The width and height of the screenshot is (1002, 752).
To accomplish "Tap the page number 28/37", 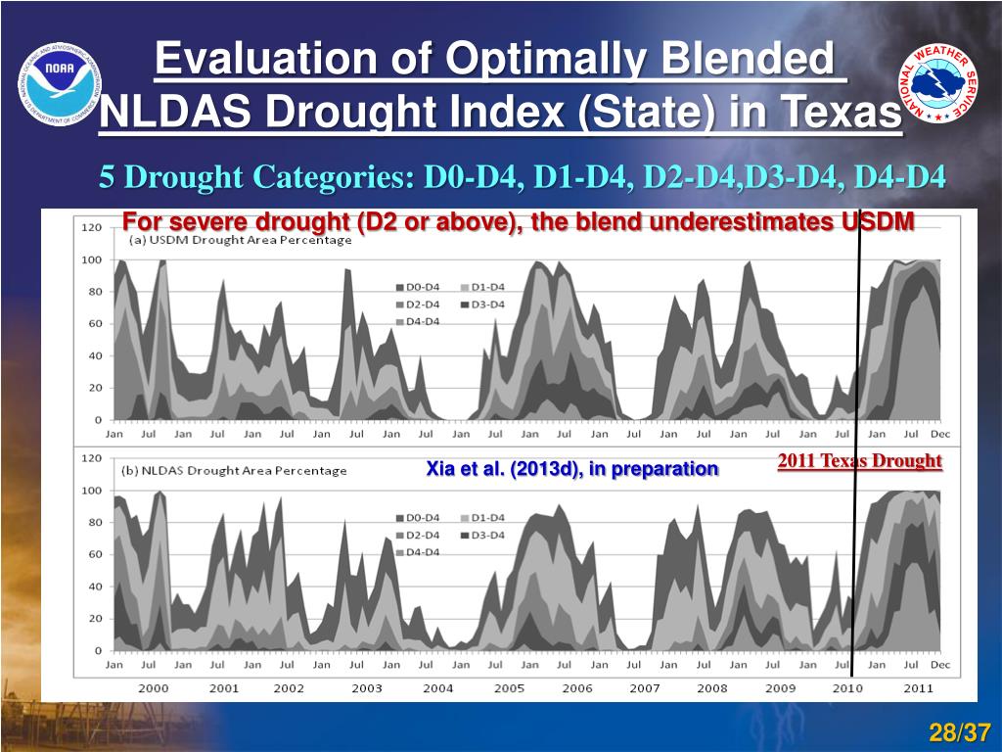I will (x=960, y=732).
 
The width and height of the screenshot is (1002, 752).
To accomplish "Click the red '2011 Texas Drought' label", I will (x=859, y=460).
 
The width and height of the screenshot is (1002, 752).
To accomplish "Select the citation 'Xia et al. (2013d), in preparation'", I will (x=571, y=469).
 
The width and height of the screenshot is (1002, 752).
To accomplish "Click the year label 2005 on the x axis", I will (x=509, y=687).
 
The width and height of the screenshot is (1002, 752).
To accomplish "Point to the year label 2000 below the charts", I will (x=153, y=687).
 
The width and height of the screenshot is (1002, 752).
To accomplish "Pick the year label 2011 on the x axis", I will (x=918, y=687).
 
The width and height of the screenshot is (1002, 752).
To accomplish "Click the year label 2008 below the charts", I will (x=712, y=687).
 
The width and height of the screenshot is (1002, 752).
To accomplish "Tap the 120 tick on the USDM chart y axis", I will (x=91, y=227).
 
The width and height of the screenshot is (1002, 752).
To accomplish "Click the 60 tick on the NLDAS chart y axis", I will (x=95, y=554).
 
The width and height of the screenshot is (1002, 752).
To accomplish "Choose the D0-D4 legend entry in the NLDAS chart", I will (x=426, y=517).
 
